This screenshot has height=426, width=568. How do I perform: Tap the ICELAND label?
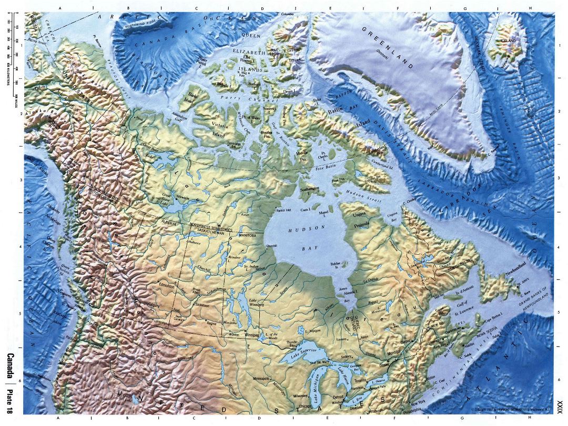point(508,40)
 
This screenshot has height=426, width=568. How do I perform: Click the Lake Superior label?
point(297,359)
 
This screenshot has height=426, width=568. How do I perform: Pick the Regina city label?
point(212,324)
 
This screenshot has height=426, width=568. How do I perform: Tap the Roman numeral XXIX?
point(559,406)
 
